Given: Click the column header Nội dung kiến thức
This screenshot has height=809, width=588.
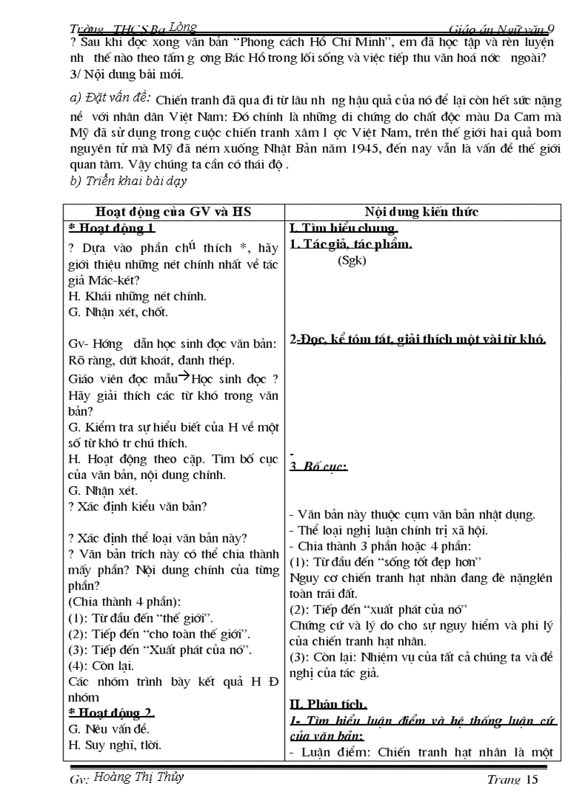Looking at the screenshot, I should (x=421, y=212).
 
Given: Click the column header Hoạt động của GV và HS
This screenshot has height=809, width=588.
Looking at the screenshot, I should (x=173, y=212).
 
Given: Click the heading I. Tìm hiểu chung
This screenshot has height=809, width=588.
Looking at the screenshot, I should (x=344, y=229).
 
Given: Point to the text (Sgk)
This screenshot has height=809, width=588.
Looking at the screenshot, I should (x=352, y=261).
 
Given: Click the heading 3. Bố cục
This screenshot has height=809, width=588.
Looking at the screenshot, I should (x=318, y=466).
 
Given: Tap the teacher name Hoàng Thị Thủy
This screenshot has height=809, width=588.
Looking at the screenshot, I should (x=139, y=777).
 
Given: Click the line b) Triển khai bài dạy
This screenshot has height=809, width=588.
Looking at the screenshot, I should (x=128, y=181).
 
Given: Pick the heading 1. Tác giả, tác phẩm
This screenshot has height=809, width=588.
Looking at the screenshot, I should (x=350, y=245).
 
